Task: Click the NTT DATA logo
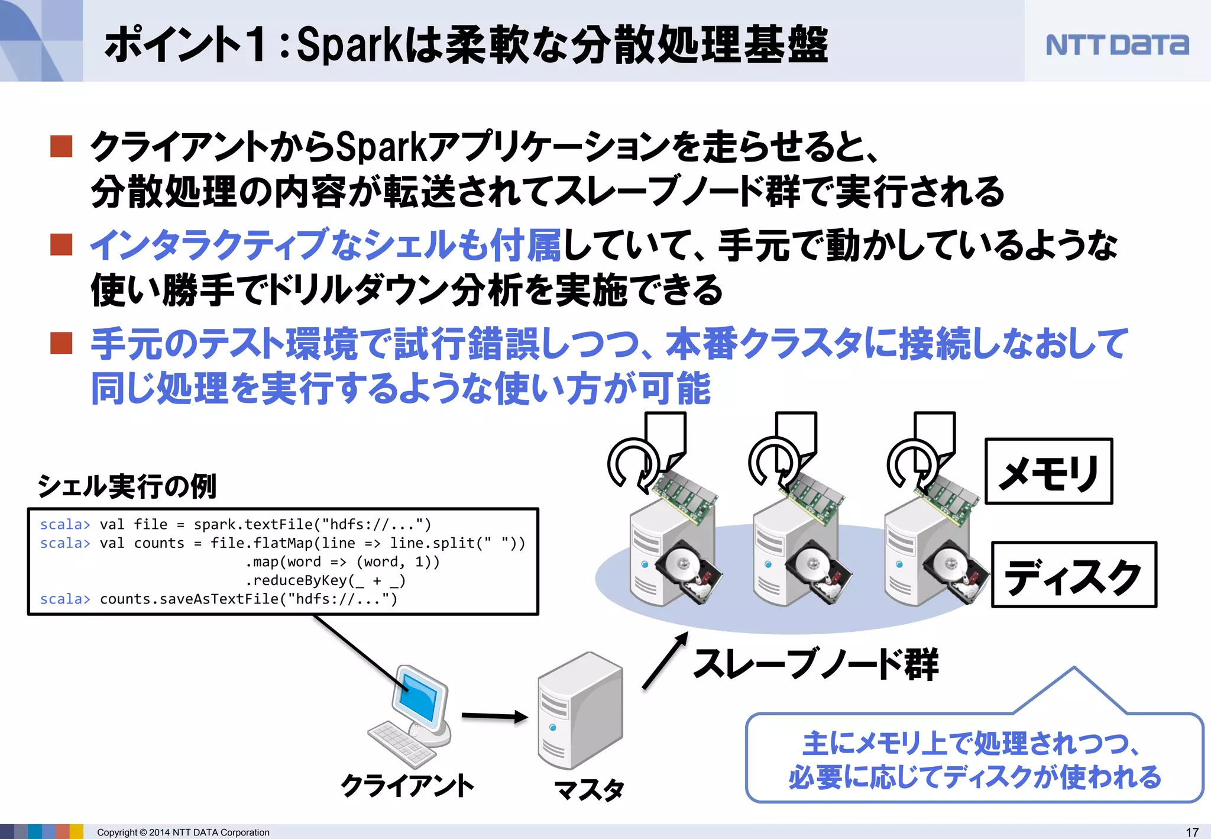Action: pyautogui.click(x=1116, y=45)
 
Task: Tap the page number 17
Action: pyautogui.click(x=1192, y=832)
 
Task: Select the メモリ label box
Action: pyautogui.click(x=1048, y=472)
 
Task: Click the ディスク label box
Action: pyautogui.click(x=1073, y=575)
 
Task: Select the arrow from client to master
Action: pyautogui.click(x=494, y=717)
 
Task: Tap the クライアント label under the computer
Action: pyautogui.click(x=407, y=786)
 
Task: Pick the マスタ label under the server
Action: pyautogui.click(x=589, y=790)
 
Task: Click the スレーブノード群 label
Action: pyautogui.click(x=816, y=664)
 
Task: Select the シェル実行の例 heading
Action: pyautogui.click(x=127, y=486)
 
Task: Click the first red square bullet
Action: pyautogui.click(x=61, y=146)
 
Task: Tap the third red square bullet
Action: pyautogui.click(x=61, y=343)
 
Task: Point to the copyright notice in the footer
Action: pyautogui.click(x=183, y=832)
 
